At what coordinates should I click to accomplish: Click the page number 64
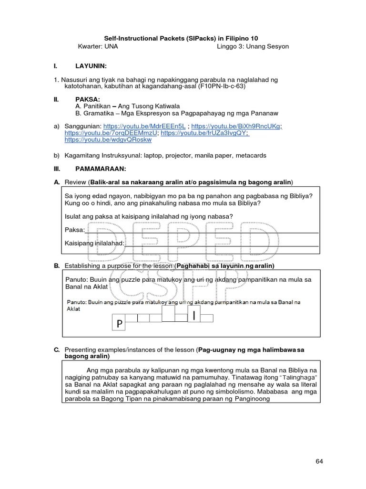pos(319,461)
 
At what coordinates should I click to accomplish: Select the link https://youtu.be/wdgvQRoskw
pos(108,140)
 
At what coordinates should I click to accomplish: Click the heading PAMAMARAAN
pos(101,169)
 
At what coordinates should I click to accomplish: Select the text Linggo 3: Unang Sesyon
pos(253,46)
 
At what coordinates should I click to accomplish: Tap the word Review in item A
pos(75,182)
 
